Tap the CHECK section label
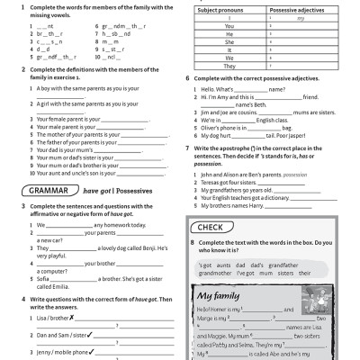point(211,227)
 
